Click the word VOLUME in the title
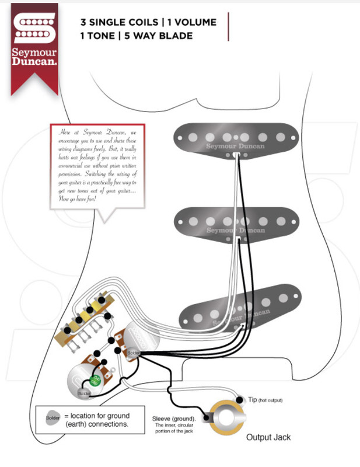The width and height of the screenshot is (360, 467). point(194,23)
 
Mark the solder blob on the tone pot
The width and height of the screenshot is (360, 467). point(85,393)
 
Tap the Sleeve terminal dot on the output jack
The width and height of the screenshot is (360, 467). point(207,417)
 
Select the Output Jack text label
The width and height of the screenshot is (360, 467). point(268,437)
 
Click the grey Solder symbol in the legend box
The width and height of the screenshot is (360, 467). point(52,417)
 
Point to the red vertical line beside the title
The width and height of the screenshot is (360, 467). point(229,27)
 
